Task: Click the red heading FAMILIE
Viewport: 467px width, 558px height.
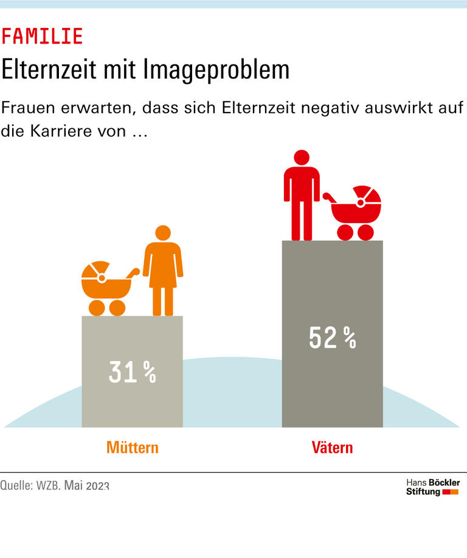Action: (42, 36)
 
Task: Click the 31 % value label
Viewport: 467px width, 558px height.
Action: (132, 372)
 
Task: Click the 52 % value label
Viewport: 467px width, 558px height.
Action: (332, 338)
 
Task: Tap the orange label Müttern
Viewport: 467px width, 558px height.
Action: (132, 448)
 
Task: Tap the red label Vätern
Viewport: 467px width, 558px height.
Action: (332, 448)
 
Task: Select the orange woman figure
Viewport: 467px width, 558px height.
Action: (163, 270)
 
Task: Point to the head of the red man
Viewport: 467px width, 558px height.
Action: (302, 157)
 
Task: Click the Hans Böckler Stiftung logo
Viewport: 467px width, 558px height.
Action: (432, 487)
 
